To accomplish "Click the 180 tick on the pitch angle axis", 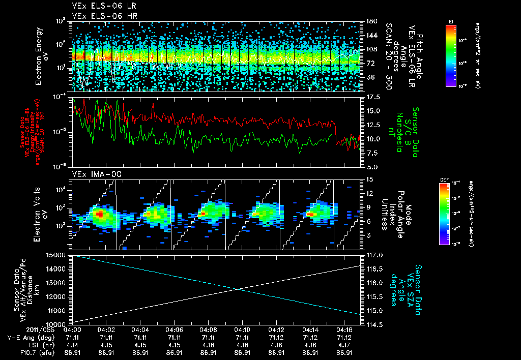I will pyautogui.click(x=369, y=21).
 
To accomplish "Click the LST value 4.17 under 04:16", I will pyautogui.click(x=345, y=345).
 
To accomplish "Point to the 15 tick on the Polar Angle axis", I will pyautogui.click(x=368, y=179).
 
